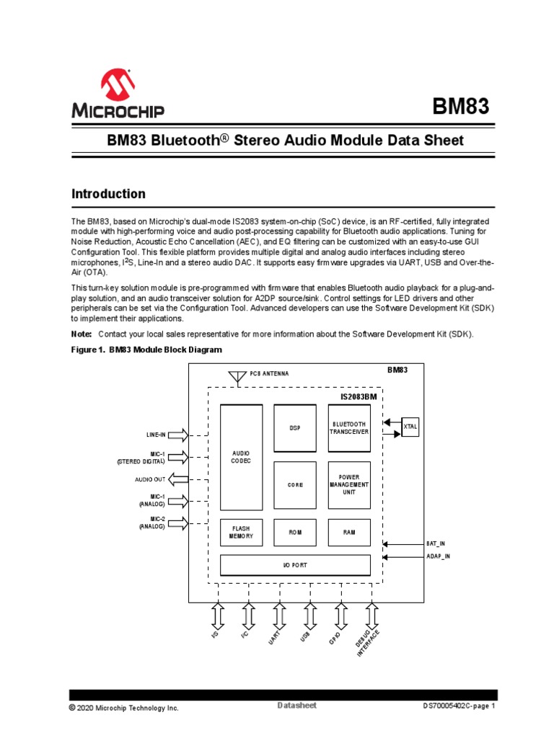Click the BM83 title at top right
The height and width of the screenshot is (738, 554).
pyautogui.click(x=460, y=107)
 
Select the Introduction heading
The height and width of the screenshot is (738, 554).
pyautogui.click(x=108, y=194)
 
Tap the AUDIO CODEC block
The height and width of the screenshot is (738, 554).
pyautogui.click(x=242, y=458)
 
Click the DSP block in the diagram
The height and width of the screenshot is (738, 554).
pyautogui.click(x=295, y=428)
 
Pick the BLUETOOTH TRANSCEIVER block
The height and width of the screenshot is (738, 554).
pyautogui.click(x=349, y=428)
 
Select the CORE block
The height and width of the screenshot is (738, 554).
pyautogui.click(x=295, y=485)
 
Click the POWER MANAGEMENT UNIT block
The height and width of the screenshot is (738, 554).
pyautogui.click(x=349, y=485)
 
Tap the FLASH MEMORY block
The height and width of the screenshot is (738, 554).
pyautogui.click(x=242, y=533)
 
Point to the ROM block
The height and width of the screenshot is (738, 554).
pyautogui.click(x=295, y=533)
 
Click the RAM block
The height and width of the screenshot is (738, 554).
pyautogui.click(x=349, y=533)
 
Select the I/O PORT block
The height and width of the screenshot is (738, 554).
pyautogui.click(x=295, y=565)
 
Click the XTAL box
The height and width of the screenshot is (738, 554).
pyautogui.click(x=410, y=427)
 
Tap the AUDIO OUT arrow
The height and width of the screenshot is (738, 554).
pyautogui.click(x=178, y=479)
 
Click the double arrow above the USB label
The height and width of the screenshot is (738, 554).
pyautogui.click(x=309, y=615)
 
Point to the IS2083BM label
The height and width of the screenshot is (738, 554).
pyautogui.click(x=358, y=397)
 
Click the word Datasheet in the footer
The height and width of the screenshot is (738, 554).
pyautogui.click(x=296, y=705)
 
